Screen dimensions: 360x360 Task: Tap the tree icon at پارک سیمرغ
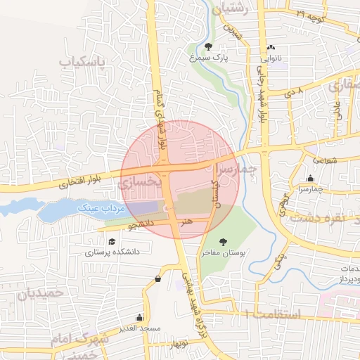point(208,46)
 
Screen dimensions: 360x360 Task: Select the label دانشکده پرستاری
point(113,251)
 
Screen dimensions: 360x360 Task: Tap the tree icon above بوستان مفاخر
point(223,241)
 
